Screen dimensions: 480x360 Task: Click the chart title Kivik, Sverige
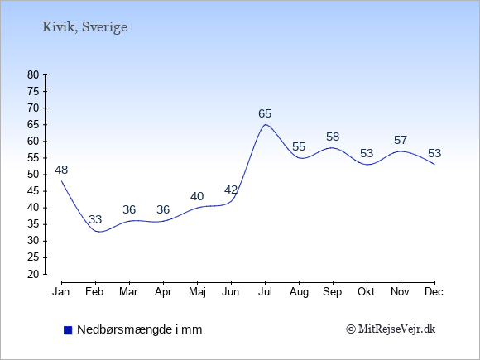point(84,27)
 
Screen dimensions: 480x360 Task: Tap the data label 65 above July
point(265,114)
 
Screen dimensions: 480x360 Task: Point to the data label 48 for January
point(61,170)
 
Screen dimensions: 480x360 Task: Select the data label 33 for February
point(95,219)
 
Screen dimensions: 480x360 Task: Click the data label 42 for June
point(231,190)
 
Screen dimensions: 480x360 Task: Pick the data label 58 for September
point(333,137)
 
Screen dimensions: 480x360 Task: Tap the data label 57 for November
point(401,141)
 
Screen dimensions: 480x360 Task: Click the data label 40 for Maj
point(197,196)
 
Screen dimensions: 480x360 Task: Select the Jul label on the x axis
point(265,292)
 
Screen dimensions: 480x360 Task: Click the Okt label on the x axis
point(366,292)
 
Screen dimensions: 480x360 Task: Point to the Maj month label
point(197,292)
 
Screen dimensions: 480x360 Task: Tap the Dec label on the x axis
point(434,292)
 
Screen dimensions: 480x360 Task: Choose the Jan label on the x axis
point(61,292)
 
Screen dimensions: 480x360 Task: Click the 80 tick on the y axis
point(33,75)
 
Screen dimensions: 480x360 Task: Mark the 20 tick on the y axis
point(33,274)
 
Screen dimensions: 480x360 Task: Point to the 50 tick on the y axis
point(33,175)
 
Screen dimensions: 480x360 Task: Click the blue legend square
point(68,330)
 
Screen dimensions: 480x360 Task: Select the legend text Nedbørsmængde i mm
point(140,329)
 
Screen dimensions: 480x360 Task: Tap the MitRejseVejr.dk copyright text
point(391,329)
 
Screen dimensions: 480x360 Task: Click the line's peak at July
point(265,125)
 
